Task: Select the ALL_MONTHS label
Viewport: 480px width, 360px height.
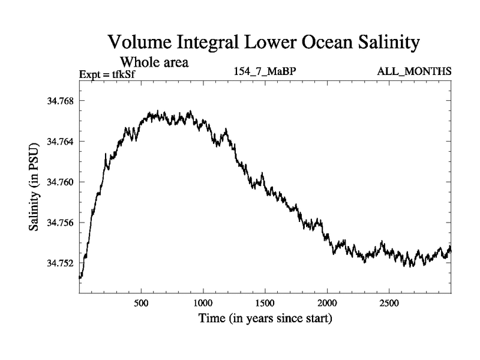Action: pos(414,72)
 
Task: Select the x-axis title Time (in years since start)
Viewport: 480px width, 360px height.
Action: pos(265,318)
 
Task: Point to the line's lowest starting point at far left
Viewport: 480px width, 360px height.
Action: pos(80,278)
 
